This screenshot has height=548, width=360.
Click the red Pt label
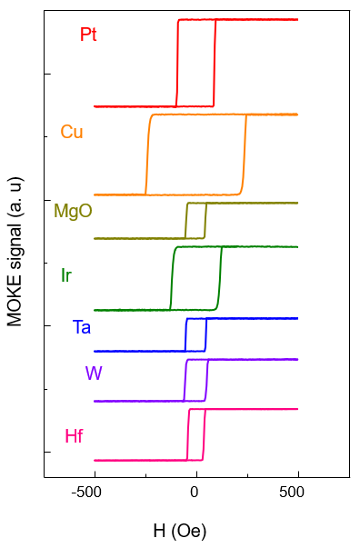[x=88, y=35]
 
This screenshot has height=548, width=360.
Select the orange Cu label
[x=72, y=132]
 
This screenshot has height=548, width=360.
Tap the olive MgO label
[x=73, y=211]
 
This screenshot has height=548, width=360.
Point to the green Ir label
[x=66, y=275]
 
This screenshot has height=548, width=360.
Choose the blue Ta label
[x=82, y=327]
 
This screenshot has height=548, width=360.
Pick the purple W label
[x=94, y=374]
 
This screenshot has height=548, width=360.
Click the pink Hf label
[x=74, y=436]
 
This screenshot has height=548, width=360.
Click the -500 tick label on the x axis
[x=86, y=492]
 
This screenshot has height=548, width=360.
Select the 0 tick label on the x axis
[x=194, y=492]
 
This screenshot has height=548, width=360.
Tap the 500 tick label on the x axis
[x=292, y=492]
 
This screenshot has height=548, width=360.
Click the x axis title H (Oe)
[x=180, y=532]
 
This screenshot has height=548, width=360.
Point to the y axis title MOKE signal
[x=15, y=253]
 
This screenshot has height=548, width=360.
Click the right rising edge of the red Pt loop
[x=215, y=63]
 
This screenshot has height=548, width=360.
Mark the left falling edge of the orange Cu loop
[x=148, y=154]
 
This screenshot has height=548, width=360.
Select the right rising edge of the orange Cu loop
[x=244, y=154]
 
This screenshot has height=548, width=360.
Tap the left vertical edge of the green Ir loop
[x=172, y=278]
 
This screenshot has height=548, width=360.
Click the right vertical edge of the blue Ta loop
[x=205, y=334]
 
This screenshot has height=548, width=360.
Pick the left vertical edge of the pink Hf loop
[x=188, y=434]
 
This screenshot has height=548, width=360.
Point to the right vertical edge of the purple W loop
[x=206, y=380]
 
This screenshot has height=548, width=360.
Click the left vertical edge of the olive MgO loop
[x=186, y=221]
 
